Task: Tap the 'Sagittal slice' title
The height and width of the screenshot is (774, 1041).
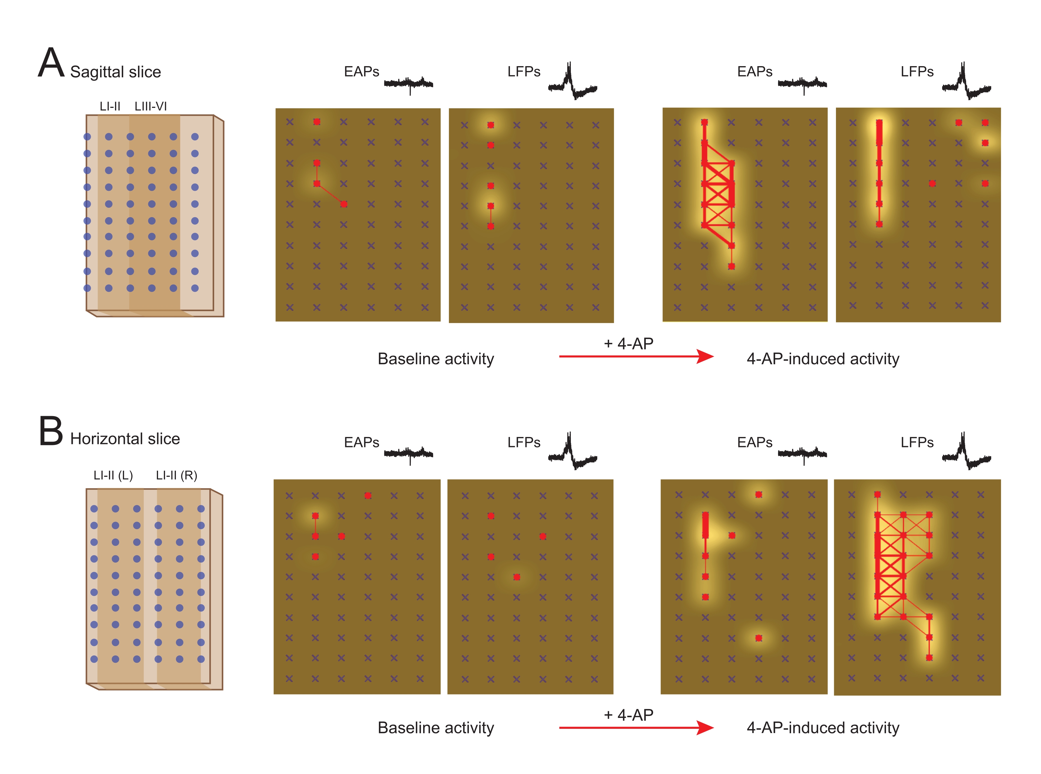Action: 115,72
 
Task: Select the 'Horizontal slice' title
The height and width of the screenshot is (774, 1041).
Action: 125,439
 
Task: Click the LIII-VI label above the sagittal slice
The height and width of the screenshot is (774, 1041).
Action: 150,106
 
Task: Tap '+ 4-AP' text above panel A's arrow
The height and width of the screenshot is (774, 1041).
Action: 628,343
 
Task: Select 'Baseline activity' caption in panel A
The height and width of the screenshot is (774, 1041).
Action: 436,359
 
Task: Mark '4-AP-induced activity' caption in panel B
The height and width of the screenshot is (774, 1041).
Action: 823,728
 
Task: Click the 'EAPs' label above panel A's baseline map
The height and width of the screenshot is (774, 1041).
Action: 361,72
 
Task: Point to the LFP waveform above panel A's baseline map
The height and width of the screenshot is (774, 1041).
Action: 572,82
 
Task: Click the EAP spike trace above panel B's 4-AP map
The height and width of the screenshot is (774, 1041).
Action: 802,453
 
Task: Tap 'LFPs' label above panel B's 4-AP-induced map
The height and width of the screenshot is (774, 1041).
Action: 917,442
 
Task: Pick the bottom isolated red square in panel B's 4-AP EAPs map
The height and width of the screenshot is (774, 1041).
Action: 759,638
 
